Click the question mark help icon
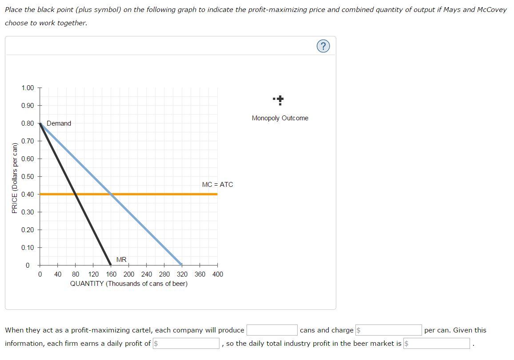(x=324, y=46)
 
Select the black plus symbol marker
(x=280, y=100)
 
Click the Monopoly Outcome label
(x=280, y=118)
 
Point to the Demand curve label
(x=59, y=123)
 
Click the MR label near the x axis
(x=121, y=259)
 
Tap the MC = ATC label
(x=217, y=185)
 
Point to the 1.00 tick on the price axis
(x=28, y=87)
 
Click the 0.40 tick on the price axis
(x=28, y=194)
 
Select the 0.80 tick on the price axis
(x=28, y=123)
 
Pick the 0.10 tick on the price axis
(x=28, y=247)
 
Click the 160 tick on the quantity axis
(x=111, y=274)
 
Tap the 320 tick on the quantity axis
(x=182, y=274)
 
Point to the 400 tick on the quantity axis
(x=218, y=274)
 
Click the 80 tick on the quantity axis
(x=76, y=274)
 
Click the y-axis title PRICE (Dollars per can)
(x=15, y=178)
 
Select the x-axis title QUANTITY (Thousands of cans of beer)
(x=129, y=284)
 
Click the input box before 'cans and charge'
(x=272, y=330)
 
